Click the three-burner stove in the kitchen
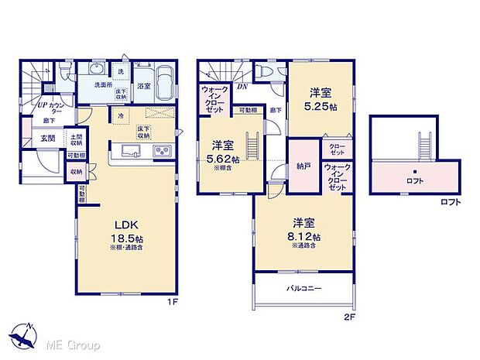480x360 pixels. click(163, 150)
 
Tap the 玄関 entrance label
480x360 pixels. click(47, 139)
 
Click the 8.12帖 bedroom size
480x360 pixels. click(305, 236)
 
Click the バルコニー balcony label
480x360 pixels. click(303, 289)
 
